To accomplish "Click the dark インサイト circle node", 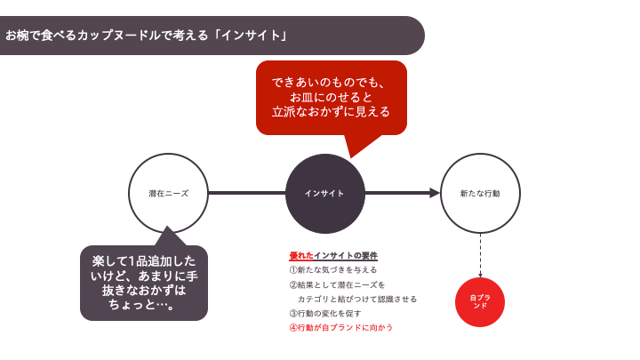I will (x=324, y=193).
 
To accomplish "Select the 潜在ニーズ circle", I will (x=168, y=193).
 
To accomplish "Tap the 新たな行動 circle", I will (x=480, y=193).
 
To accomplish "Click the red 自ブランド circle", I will (x=480, y=302).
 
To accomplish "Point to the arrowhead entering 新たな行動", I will (x=435, y=193).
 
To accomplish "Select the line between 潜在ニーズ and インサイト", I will (x=246, y=193).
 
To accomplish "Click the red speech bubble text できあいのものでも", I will (x=331, y=83).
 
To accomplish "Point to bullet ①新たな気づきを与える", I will (x=333, y=269).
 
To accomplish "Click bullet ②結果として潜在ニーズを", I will (x=337, y=284).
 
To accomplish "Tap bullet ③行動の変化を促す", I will (x=325, y=313).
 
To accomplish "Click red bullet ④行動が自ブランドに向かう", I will (x=340, y=327).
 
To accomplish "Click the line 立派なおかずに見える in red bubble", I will (x=331, y=112).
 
